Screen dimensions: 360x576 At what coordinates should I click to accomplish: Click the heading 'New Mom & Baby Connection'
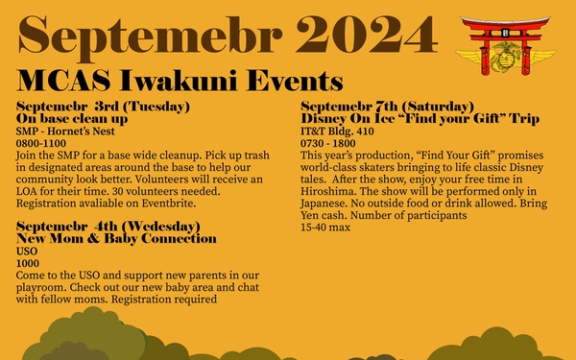pyautogui.click(x=117, y=238)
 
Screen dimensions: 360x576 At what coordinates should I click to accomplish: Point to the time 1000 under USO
pyautogui.click(x=28, y=262)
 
